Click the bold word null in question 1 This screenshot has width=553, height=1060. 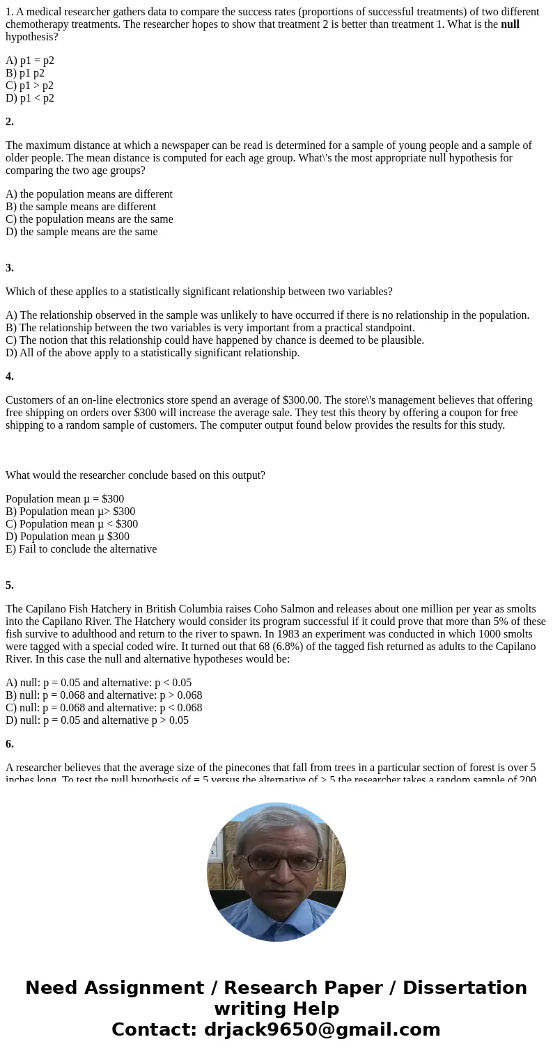(x=510, y=24)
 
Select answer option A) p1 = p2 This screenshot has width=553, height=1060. (x=30, y=61)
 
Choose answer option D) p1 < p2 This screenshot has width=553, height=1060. (x=30, y=98)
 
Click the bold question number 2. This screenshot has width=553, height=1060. (x=10, y=122)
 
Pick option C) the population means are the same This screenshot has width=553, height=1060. (x=89, y=219)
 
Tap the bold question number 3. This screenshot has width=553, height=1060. (x=10, y=268)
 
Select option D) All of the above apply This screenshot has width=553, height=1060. (x=153, y=353)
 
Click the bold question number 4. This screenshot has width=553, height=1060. (x=10, y=377)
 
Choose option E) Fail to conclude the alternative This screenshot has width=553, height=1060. (x=81, y=549)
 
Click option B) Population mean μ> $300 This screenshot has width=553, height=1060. (x=70, y=512)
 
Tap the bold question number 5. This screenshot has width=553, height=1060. (x=10, y=585)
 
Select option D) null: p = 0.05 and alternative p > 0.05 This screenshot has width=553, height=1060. (x=97, y=720)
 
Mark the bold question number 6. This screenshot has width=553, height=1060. (x=10, y=744)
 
